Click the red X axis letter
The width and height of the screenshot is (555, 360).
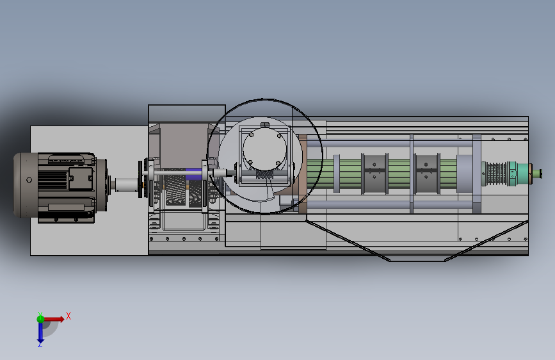[68, 316]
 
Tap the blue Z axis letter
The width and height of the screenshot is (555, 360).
[40, 344]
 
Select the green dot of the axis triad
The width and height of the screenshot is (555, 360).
[41, 319]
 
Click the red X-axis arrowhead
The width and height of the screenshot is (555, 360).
[61, 319]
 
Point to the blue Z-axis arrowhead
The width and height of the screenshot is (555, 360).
[40, 341]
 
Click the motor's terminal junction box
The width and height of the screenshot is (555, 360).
[81, 179]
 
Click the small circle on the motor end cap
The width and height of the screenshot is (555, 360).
[29, 180]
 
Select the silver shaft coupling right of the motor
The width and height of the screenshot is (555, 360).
[126, 184]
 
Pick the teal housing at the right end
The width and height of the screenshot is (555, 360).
[518, 174]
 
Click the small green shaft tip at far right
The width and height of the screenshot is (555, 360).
[537, 174]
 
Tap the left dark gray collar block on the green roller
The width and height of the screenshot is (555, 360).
[374, 174]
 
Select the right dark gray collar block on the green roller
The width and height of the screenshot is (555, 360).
[426, 174]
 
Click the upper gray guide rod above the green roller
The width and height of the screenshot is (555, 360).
[389, 143]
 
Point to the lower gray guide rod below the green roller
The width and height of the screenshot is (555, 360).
[389, 205]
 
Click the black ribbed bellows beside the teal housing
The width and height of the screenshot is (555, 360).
[496, 174]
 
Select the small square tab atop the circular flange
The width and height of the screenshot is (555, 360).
[265, 125]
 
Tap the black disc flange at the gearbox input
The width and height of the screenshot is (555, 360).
[140, 179]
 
